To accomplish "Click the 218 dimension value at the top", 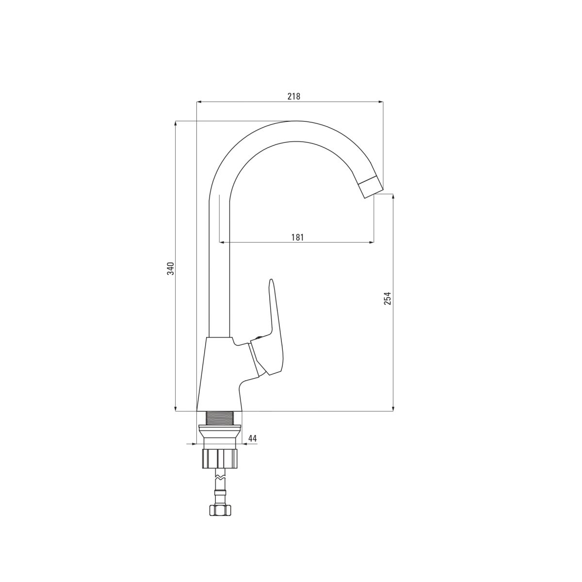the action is point(294,96).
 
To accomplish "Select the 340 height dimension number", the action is point(171,269).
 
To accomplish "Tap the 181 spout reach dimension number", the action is point(297,237).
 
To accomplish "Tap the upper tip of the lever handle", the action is point(271,280).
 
